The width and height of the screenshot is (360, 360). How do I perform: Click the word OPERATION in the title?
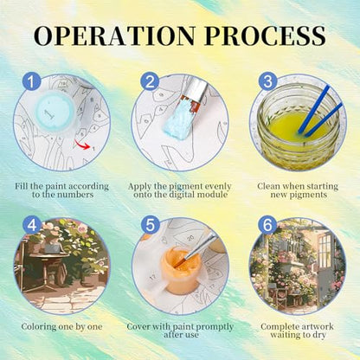point(115,36)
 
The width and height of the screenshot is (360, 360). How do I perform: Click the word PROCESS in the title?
point(266,36)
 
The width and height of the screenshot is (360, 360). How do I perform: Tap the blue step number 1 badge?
point(31,81)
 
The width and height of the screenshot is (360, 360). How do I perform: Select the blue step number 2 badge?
point(150,81)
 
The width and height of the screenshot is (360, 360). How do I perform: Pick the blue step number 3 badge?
point(267,81)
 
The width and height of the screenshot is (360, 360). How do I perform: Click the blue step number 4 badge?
point(32,224)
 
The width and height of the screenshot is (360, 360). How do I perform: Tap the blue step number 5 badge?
point(150,224)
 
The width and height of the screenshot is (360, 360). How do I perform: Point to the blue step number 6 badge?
point(267,224)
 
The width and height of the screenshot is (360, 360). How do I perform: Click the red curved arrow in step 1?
point(82,145)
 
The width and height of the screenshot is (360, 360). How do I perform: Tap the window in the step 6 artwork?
point(325,250)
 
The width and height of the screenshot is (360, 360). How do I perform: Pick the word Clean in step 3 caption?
point(268,186)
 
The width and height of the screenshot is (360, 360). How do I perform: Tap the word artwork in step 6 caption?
point(316,327)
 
